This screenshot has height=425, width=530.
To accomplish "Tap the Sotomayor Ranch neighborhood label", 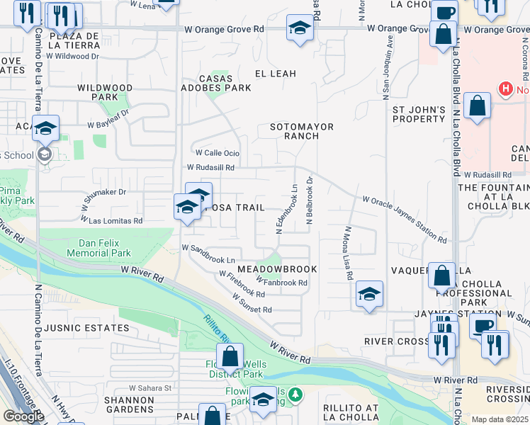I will pos(302,131).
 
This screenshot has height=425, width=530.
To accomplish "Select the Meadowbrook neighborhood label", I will pos(277,270).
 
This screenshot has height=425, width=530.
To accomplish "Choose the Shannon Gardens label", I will pos(130,404).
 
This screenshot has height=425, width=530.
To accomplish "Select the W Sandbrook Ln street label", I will pos(208,249).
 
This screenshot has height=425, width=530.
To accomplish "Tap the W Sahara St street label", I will pos(150,388).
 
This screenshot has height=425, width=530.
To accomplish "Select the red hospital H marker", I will pos(505,89).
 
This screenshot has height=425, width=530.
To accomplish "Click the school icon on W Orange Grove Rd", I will pos(300,29).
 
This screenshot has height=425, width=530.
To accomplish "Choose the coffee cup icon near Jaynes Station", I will pos(483,325).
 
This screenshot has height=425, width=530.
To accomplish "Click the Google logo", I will pos(23,416).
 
